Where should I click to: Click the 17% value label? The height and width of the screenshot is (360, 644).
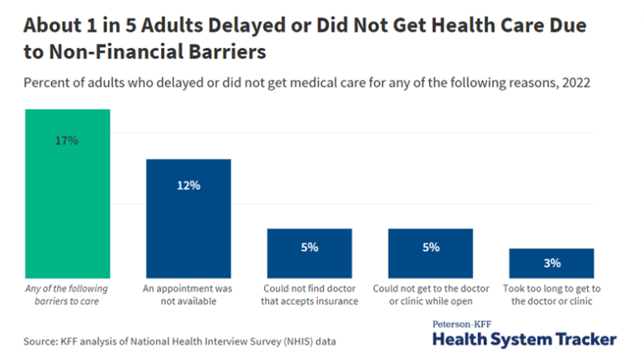click(68, 141)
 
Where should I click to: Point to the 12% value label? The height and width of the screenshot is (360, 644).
click(189, 185)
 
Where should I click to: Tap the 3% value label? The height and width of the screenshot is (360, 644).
click(551, 263)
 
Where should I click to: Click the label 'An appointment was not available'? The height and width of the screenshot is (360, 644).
click(189, 295)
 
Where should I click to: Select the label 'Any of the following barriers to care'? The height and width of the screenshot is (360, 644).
click(66, 295)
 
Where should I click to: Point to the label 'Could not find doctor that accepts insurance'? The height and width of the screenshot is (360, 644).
click(310, 295)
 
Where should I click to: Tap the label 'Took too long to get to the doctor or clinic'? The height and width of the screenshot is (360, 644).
click(552, 295)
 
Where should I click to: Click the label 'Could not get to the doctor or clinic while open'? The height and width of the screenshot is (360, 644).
click(431, 295)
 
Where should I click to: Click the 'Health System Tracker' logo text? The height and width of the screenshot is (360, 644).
click(524, 339)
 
